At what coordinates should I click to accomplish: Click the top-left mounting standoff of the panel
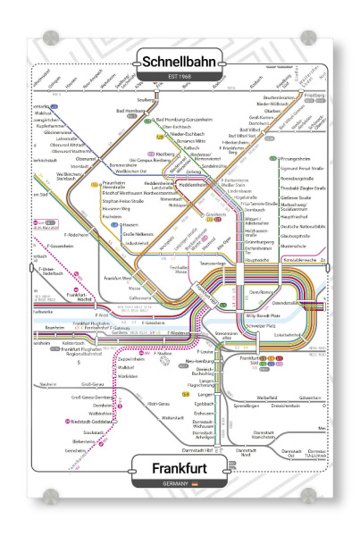pos(47,39)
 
